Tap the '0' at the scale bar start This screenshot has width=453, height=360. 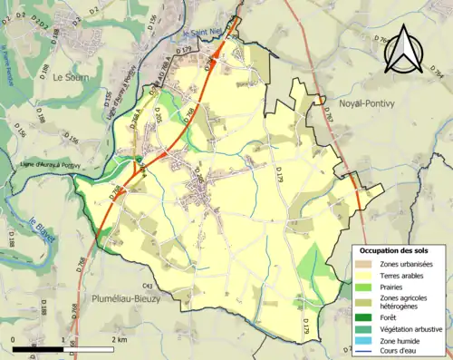point(13,340)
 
